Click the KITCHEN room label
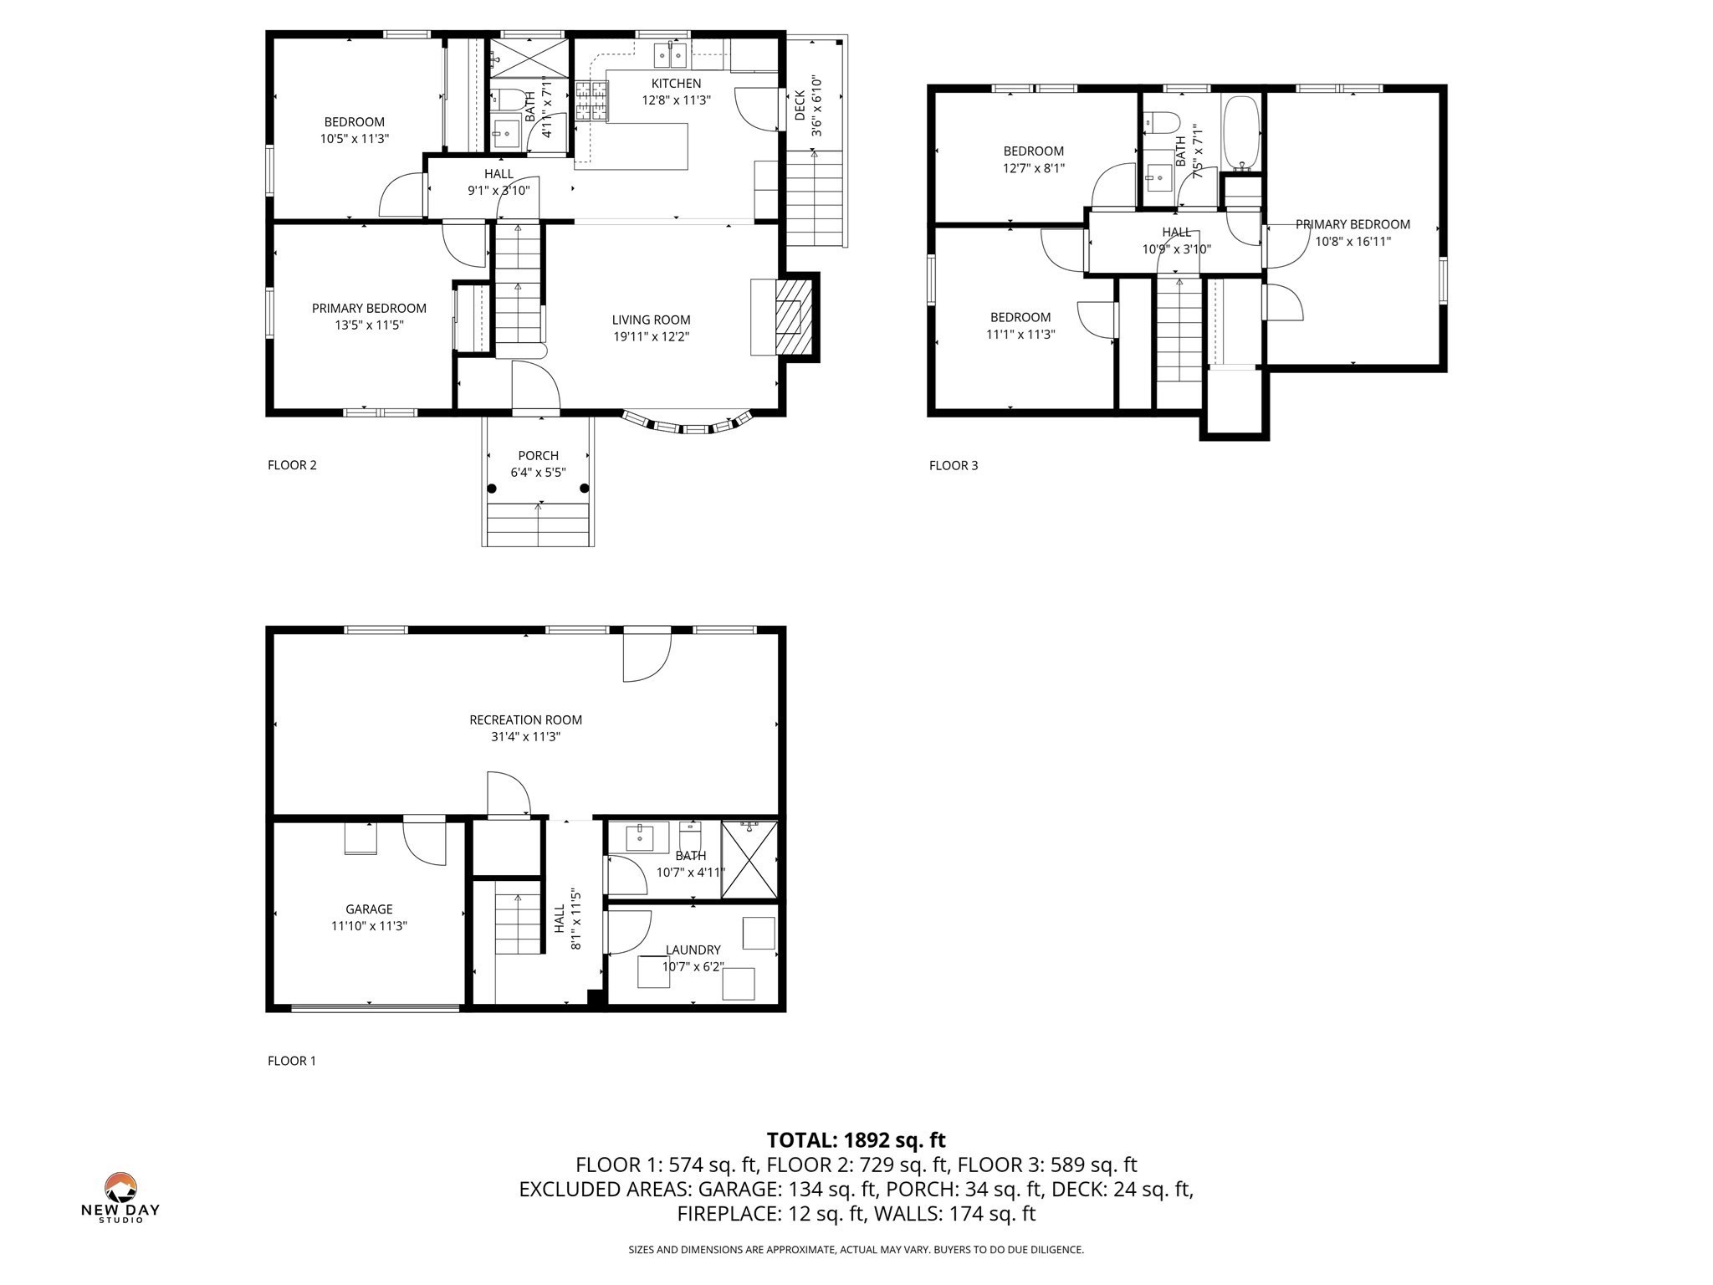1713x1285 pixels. [676, 84]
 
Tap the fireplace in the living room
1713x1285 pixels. [792, 317]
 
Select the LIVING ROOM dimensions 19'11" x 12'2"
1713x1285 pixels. [651, 337]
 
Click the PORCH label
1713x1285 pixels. [538, 456]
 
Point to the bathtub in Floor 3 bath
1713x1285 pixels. [1240, 134]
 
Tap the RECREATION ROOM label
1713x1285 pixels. [525, 720]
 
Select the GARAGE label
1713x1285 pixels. [369, 909]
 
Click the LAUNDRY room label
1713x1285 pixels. [693, 950]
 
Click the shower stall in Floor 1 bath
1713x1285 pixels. [749, 860]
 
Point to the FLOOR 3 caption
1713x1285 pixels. [953, 466]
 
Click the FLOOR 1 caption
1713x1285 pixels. [291, 1062]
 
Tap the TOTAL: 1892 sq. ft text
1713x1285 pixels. [856, 1140]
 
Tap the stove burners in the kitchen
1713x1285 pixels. [591, 101]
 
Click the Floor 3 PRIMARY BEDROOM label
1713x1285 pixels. [1353, 224]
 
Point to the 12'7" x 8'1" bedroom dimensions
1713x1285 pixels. [1033, 168]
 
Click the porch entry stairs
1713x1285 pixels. [538, 525]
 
